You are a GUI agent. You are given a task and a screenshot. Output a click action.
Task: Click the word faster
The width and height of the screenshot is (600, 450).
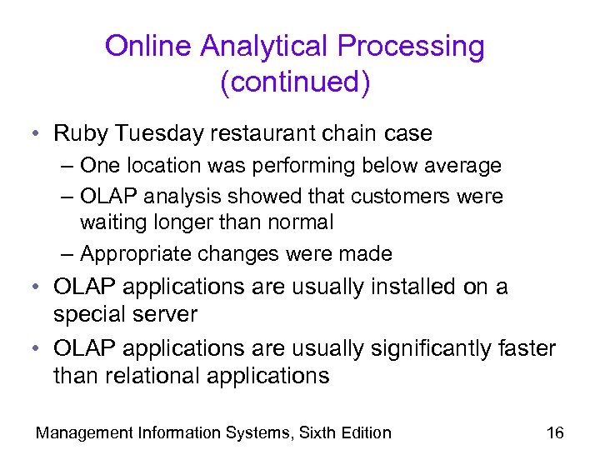(x=524, y=348)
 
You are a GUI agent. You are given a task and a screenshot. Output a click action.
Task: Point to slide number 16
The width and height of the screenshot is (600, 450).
(x=555, y=432)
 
